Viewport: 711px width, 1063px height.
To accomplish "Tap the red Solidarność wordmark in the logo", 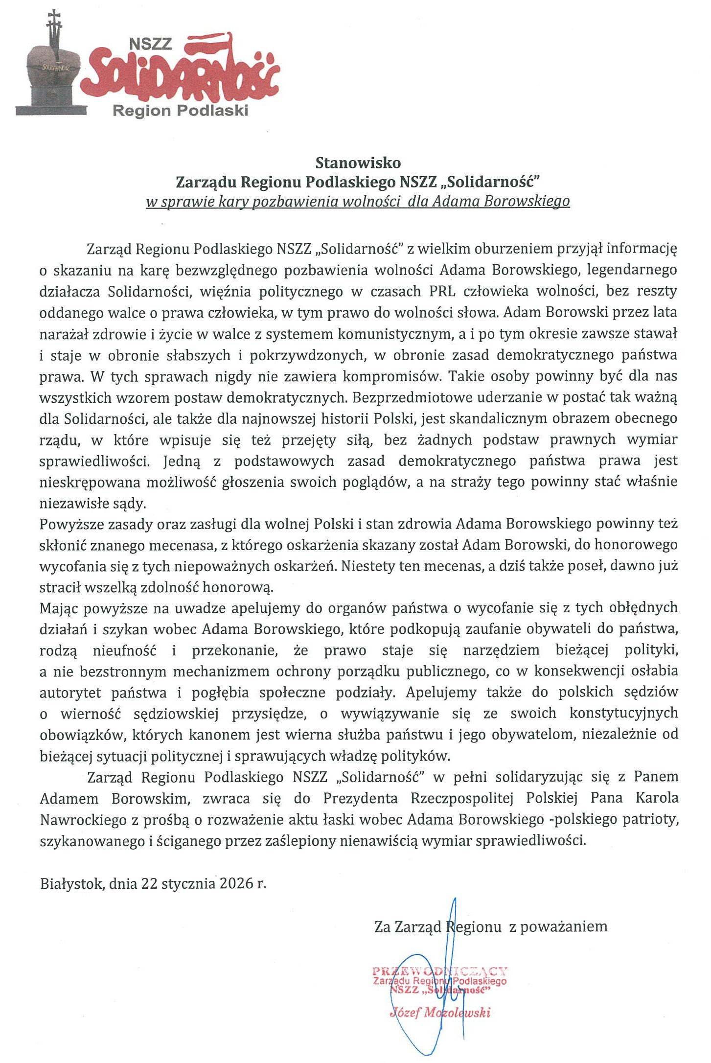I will (181, 73).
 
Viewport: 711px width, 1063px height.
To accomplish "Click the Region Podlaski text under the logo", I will (180, 111).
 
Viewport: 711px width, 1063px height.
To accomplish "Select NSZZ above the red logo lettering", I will (150, 44).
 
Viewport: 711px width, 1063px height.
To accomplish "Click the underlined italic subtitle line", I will (358, 202).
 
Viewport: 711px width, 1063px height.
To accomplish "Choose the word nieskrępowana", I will (89, 482).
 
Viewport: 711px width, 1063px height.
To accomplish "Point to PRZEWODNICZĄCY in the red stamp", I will (439, 971).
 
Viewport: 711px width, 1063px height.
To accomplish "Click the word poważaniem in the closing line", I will (564, 926).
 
